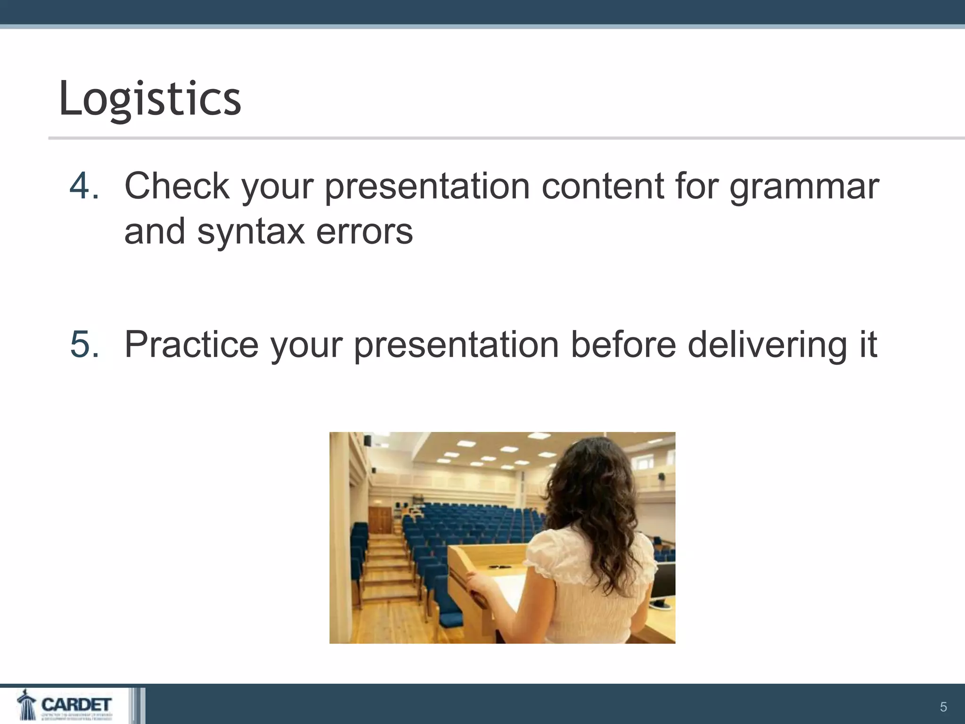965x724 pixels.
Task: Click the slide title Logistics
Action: tap(150, 99)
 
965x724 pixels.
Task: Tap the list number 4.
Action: tap(84, 186)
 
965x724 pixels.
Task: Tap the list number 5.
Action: tap(84, 345)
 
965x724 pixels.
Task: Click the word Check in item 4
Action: tap(177, 186)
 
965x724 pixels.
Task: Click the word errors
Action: tap(364, 232)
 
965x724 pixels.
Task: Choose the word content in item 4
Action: tap(603, 186)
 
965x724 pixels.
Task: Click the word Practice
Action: tap(191, 345)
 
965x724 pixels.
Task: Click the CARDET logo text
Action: tap(76, 704)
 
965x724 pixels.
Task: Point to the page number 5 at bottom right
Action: tap(943, 707)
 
